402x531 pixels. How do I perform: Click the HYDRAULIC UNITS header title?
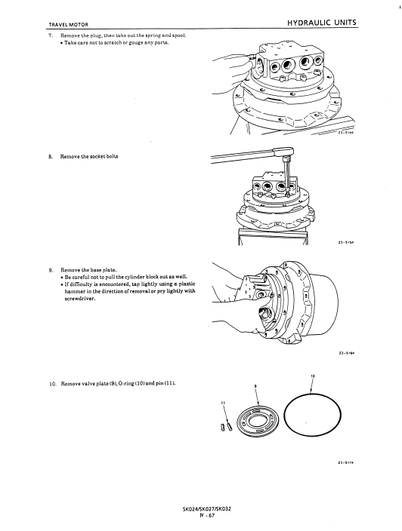click(322, 23)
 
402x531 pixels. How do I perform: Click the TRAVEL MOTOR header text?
click(69, 25)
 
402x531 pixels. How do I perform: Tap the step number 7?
click(51, 35)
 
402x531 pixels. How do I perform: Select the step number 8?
click(51, 156)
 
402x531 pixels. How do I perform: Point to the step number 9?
click(51, 270)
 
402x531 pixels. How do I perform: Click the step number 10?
click(52, 384)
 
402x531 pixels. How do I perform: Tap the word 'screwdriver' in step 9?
click(79, 299)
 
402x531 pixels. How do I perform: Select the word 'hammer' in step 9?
click(73, 291)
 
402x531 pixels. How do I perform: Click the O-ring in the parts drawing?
click(283, 414)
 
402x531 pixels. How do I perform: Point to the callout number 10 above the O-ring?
click(312, 376)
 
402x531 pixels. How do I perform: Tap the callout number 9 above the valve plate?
click(255, 386)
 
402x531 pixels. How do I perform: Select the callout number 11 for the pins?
click(223, 403)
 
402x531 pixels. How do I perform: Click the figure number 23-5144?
click(345, 133)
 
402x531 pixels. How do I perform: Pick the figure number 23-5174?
click(345, 463)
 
